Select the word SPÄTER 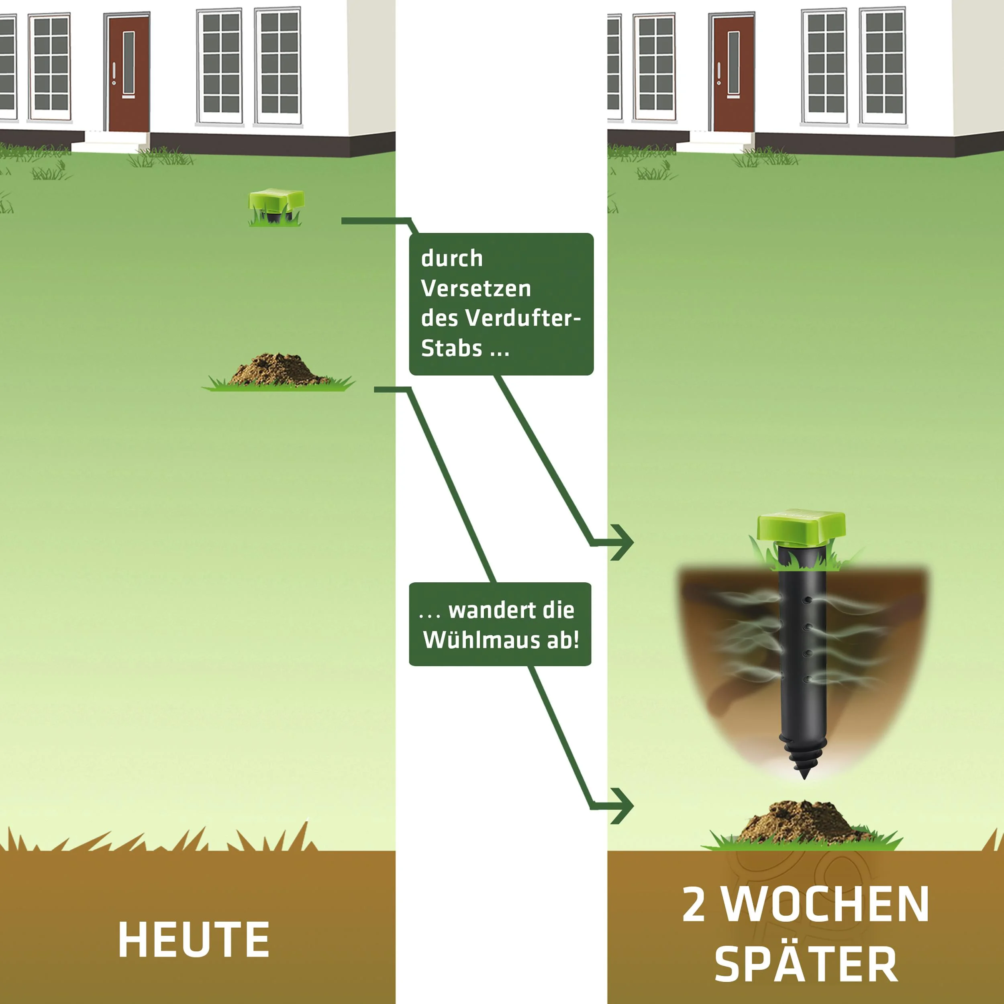coord(806,964)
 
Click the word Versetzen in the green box coord(475,288)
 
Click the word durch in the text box coord(451,258)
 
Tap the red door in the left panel coord(129,73)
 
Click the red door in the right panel coord(733,73)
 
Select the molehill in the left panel coord(278,370)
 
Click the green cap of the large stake coord(801,525)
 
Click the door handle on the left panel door coord(114,73)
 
